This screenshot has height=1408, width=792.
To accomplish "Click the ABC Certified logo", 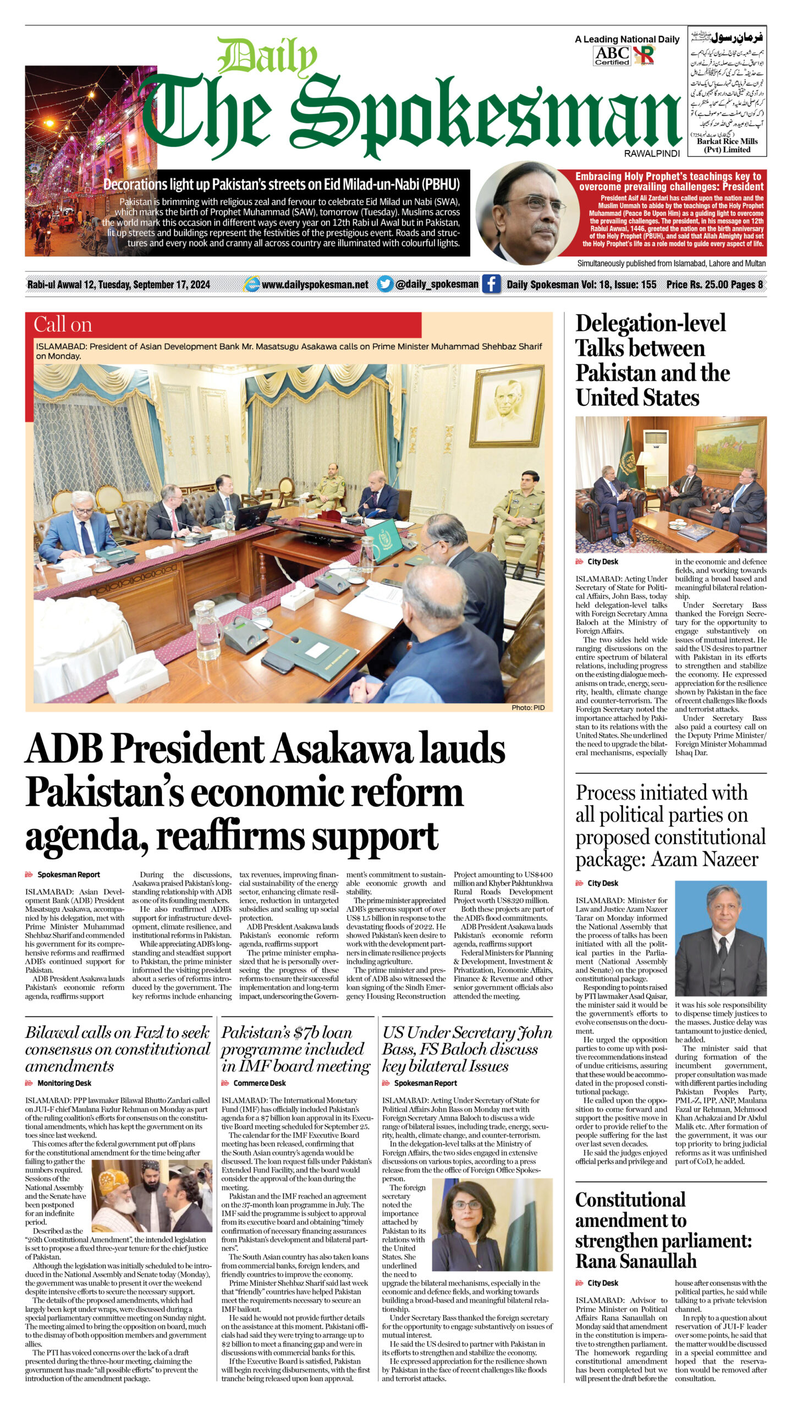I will click(x=612, y=56).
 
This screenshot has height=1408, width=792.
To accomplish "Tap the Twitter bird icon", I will click(x=385, y=284).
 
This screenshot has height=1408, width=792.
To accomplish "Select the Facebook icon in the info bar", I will click(x=491, y=284).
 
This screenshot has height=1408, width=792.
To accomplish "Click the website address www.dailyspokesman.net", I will click(x=315, y=284).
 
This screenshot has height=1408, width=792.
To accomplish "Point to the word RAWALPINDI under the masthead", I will click(x=652, y=153).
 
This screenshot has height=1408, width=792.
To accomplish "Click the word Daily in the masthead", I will click(x=267, y=57).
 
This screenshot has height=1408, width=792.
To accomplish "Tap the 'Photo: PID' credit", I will click(x=527, y=707).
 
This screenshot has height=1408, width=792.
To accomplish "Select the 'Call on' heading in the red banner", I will click(x=63, y=324).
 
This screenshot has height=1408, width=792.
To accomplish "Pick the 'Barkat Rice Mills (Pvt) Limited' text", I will click(x=727, y=145).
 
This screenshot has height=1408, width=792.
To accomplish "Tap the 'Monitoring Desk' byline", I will click(x=64, y=1083).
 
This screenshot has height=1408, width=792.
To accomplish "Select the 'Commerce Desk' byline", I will click(x=259, y=1083).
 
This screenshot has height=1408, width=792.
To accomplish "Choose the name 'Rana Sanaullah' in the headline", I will click(x=636, y=1261).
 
